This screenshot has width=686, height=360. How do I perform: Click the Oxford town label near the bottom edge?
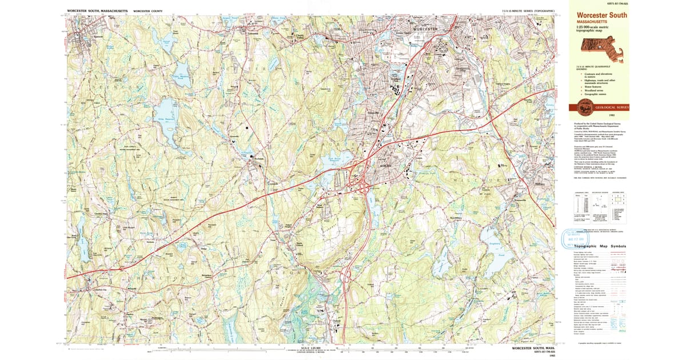pyautogui.click(x=336, y=321)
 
